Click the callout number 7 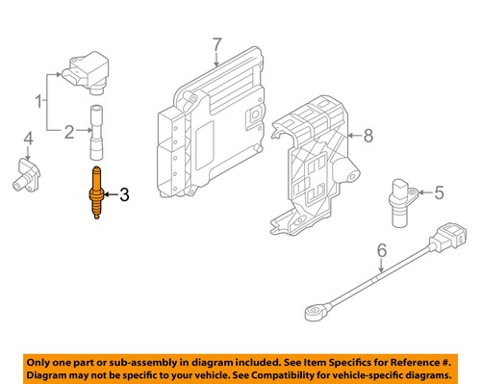[216, 44]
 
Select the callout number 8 [367, 136]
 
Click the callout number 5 [439, 192]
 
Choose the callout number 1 [39, 99]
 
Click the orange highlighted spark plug [98, 195]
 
